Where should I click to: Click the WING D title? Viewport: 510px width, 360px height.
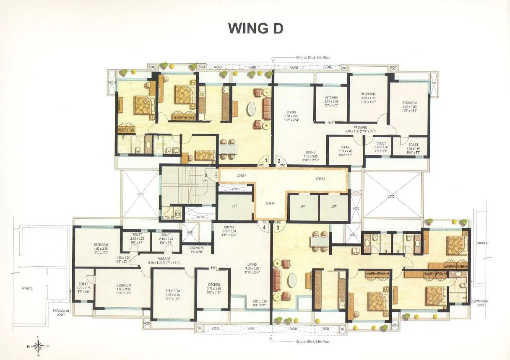[x=255, y=28]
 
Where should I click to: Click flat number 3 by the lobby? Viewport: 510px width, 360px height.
[x=278, y=228]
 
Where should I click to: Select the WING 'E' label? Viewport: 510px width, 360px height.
[x=27, y=288]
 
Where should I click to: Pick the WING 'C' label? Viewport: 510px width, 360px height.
[x=481, y=243]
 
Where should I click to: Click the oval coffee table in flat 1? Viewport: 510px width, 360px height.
[x=250, y=110]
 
